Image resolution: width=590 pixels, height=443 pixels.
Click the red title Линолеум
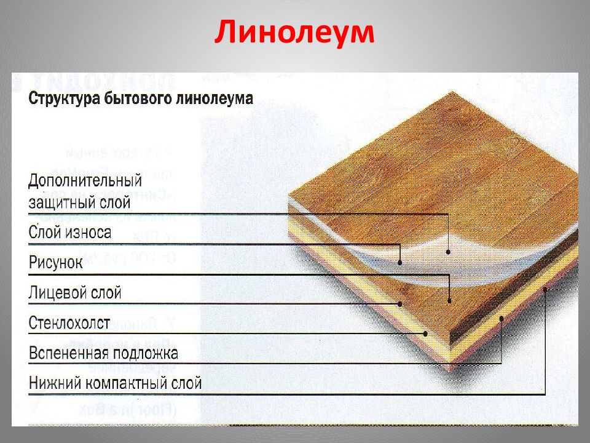point(294,33)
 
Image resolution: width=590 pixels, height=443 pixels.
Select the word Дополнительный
point(85,181)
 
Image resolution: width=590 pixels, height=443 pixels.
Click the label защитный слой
point(79,202)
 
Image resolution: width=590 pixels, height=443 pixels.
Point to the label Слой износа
point(69,233)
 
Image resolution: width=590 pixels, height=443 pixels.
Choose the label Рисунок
point(56,263)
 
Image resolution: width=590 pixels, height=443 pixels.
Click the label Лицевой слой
point(75,293)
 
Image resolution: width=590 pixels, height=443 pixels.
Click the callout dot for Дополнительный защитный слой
point(449,251)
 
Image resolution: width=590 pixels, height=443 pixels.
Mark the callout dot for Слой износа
point(400,262)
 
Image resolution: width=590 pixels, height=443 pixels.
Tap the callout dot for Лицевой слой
point(400,303)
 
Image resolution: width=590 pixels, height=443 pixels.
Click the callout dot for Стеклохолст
point(425,333)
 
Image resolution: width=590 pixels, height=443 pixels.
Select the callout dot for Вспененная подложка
point(502,318)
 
